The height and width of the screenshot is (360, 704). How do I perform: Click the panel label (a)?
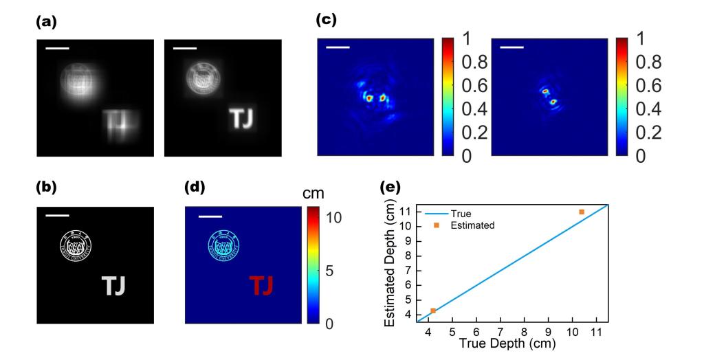(46, 22)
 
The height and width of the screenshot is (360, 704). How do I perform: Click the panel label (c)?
(326, 19)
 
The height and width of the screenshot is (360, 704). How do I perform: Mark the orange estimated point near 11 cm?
(582, 212)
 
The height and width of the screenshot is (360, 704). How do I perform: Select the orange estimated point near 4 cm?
(433, 311)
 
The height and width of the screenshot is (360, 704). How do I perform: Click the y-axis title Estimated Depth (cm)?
(390, 267)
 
